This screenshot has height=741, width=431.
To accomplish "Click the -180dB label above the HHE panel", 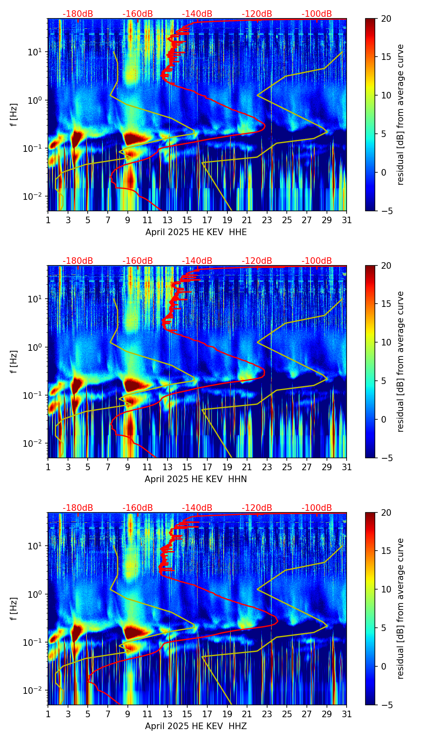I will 78,14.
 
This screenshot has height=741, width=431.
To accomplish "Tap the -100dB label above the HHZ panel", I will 317,508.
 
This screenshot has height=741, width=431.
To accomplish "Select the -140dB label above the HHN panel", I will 197,261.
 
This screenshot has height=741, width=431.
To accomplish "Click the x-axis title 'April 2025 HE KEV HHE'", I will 196,232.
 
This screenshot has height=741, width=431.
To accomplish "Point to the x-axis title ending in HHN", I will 196,479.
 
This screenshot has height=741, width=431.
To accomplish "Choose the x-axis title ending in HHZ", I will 196,726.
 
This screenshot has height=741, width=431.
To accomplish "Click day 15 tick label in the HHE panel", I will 187,220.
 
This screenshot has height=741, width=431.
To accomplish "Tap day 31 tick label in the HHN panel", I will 347,467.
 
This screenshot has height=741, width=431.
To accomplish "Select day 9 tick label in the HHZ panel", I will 127,714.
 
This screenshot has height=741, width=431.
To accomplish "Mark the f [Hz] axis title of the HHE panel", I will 14,114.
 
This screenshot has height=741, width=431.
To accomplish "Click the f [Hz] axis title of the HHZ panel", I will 14,608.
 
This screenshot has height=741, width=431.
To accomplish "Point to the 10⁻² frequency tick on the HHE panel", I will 37,197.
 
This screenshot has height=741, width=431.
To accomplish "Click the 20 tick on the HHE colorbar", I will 386,19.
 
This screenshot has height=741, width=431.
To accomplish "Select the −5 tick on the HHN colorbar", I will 386,458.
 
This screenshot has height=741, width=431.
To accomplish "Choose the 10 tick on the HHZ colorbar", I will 386,589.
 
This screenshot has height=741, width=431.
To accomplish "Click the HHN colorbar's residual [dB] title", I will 400,361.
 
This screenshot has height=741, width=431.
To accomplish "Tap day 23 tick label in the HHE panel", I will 267,220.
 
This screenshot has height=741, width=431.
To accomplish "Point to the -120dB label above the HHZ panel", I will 257,508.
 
